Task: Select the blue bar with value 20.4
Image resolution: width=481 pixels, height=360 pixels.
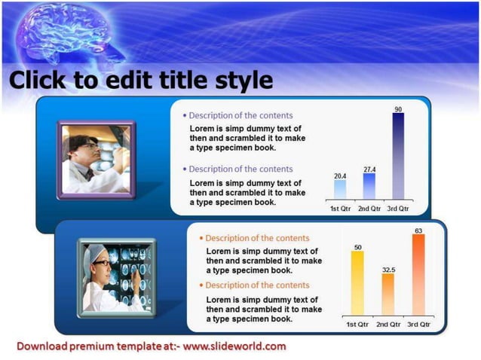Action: point(340,189)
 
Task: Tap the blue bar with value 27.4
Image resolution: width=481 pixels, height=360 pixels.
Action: point(369,186)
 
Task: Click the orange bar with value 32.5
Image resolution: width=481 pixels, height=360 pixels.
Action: point(388,294)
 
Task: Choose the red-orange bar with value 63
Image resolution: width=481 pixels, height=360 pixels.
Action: point(418,276)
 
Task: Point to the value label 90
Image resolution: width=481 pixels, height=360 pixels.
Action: point(398,110)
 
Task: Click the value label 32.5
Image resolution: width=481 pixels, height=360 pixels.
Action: point(388,269)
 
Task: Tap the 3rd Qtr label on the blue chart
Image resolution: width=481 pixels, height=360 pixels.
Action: point(398,208)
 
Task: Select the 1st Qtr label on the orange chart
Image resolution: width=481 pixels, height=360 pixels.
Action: point(357,324)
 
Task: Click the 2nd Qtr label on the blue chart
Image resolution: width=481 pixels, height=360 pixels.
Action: point(369,208)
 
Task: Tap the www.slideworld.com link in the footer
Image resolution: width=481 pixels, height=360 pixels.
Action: point(234,346)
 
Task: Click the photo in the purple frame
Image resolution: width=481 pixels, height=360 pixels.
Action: point(97,159)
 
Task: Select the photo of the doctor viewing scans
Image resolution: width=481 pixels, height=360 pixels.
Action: point(117,276)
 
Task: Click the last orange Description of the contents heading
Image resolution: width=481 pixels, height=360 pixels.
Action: point(257,285)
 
